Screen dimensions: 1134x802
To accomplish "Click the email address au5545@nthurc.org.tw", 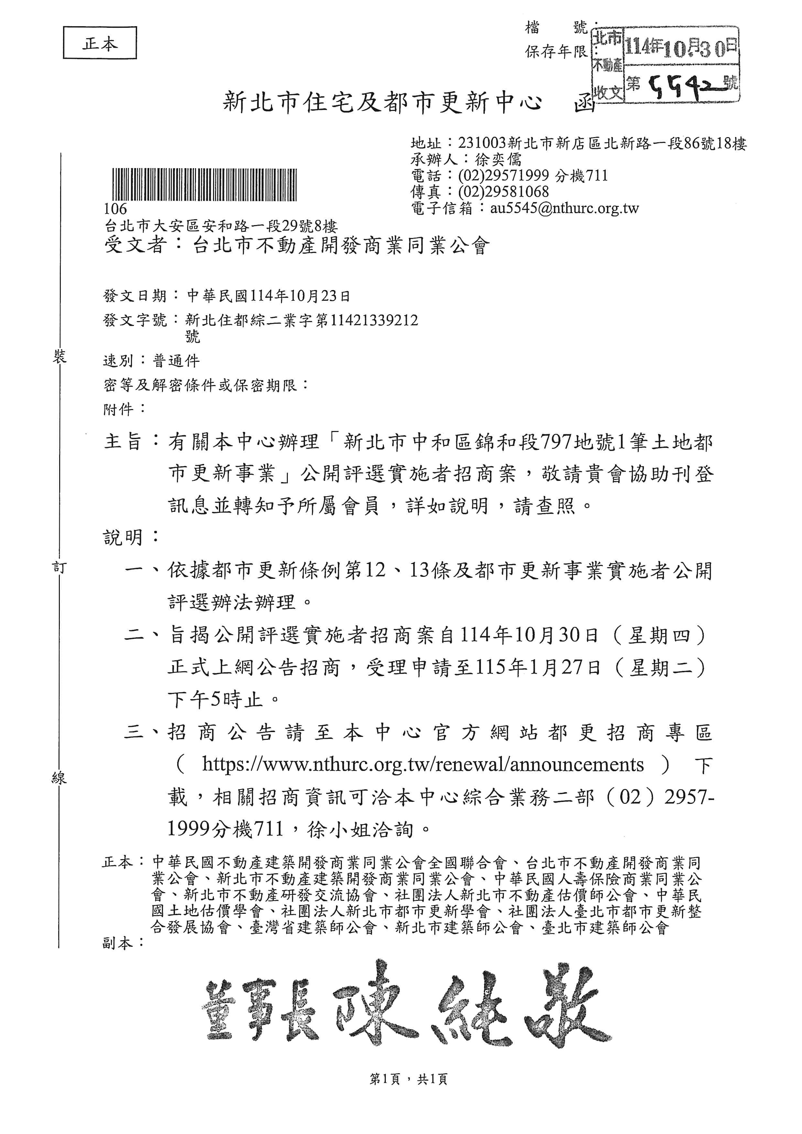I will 564,209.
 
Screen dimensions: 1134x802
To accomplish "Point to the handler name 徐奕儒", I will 498,159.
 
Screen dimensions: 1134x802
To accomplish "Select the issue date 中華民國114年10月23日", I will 269,296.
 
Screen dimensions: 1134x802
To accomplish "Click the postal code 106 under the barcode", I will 115,209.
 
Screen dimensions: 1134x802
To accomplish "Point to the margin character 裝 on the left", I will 59,357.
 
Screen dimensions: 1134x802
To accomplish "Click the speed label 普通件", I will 176,361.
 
